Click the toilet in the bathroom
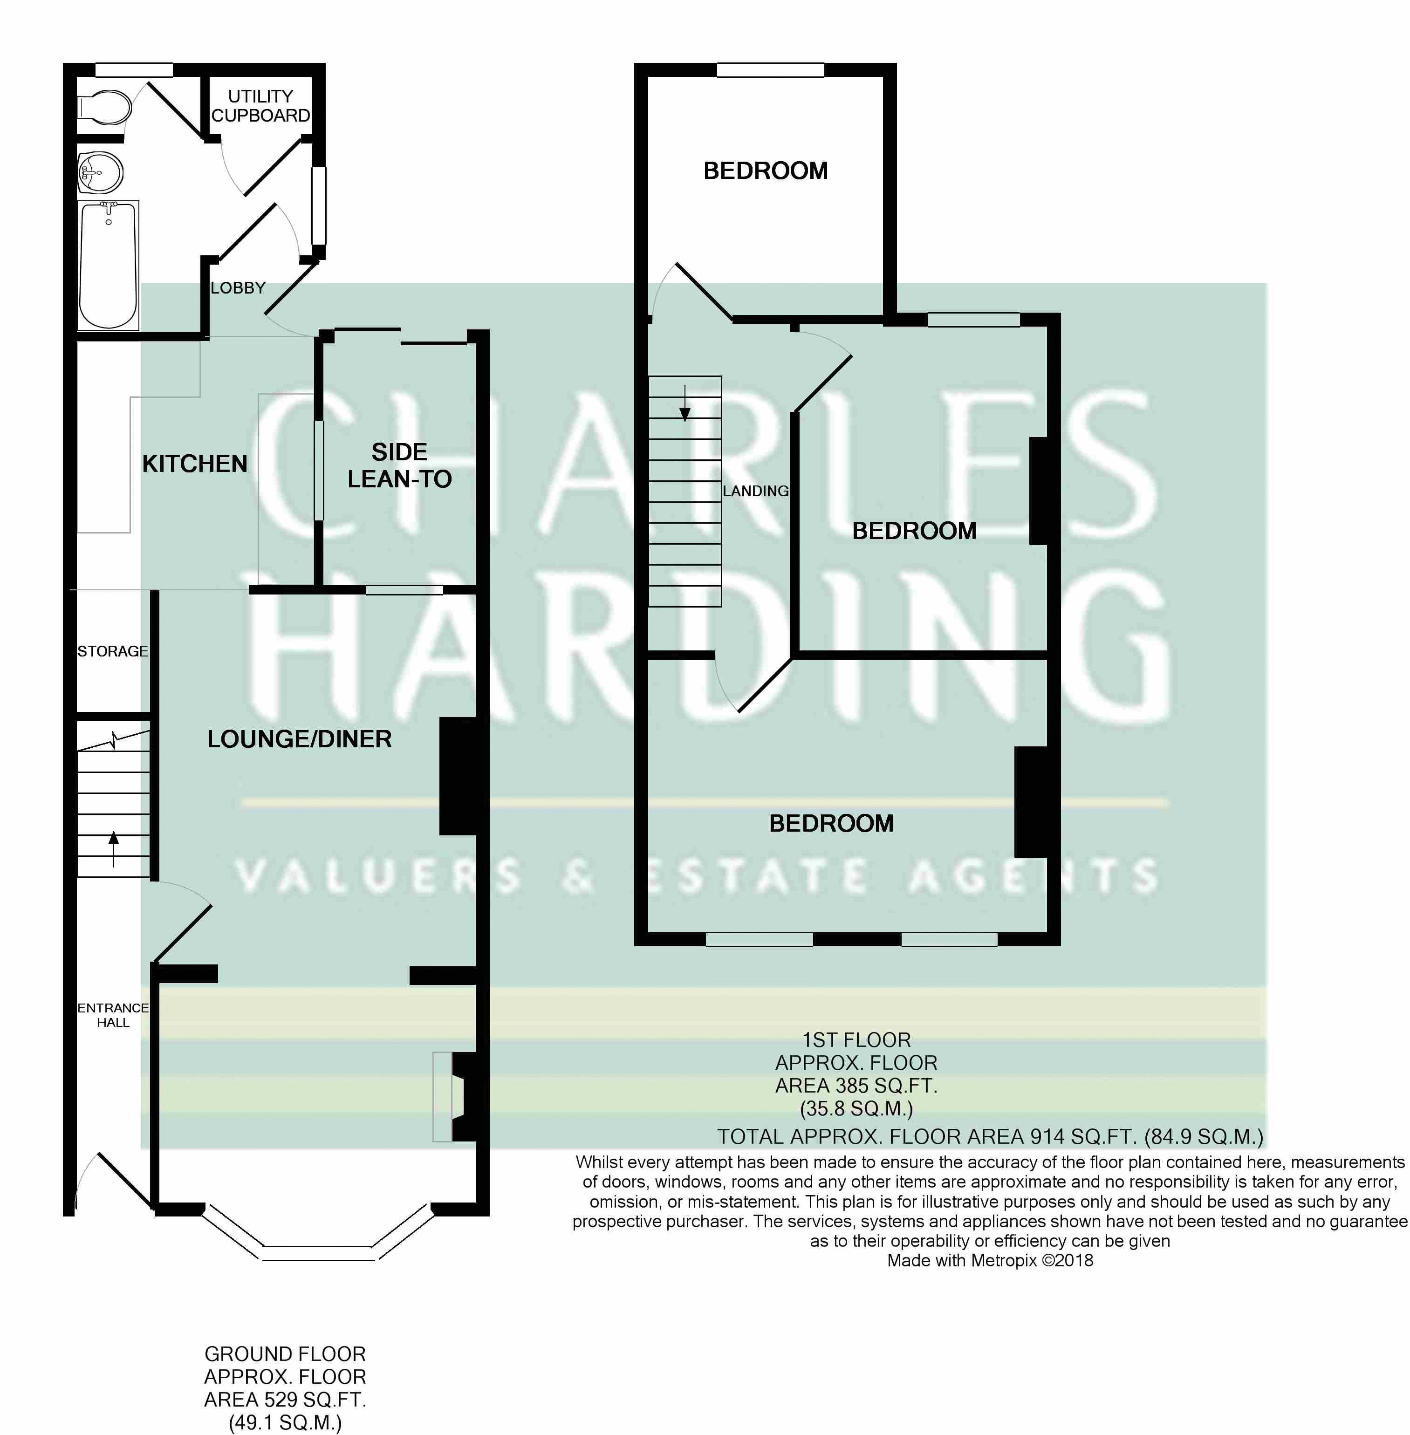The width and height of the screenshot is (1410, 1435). tap(103, 108)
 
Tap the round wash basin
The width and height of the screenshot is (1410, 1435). tap(100, 172)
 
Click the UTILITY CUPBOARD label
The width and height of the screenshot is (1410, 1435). tap(260, 106)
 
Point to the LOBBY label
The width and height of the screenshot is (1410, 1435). tap(238, 288)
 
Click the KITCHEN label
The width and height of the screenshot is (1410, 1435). tap(195, 464)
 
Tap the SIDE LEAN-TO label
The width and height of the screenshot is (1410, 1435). tap(399, 465)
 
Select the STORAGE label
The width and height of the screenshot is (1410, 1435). tap(113, 651)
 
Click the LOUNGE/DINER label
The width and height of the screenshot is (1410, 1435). tap(299, 739)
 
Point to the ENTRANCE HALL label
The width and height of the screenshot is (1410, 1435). tap(113, 1015)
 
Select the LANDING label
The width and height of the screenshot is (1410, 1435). tap(755, 491)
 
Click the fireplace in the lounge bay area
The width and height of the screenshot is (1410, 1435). tap(454, 1097)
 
